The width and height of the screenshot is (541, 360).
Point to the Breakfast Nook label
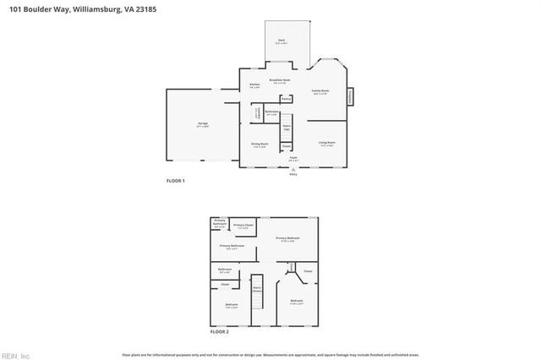(x=280, y=80)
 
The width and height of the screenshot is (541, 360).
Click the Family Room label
(x=320, y=91)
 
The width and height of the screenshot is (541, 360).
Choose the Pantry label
(x=287, y=98)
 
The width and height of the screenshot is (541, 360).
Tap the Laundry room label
(x=256, y=113)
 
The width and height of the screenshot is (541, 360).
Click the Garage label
(x=203, y=124)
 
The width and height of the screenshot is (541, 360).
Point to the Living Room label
(x=327, y=144)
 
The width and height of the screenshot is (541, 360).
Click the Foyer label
(x=293, y=158)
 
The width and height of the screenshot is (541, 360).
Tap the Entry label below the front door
(x=293, y=174)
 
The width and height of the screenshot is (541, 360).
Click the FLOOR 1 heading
(x=174, y=181)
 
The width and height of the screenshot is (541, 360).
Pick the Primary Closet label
(x=243, y=226)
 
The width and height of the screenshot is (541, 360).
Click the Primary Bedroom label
(x=288, y=239)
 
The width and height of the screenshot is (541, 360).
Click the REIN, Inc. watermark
(x=15, y=355)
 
